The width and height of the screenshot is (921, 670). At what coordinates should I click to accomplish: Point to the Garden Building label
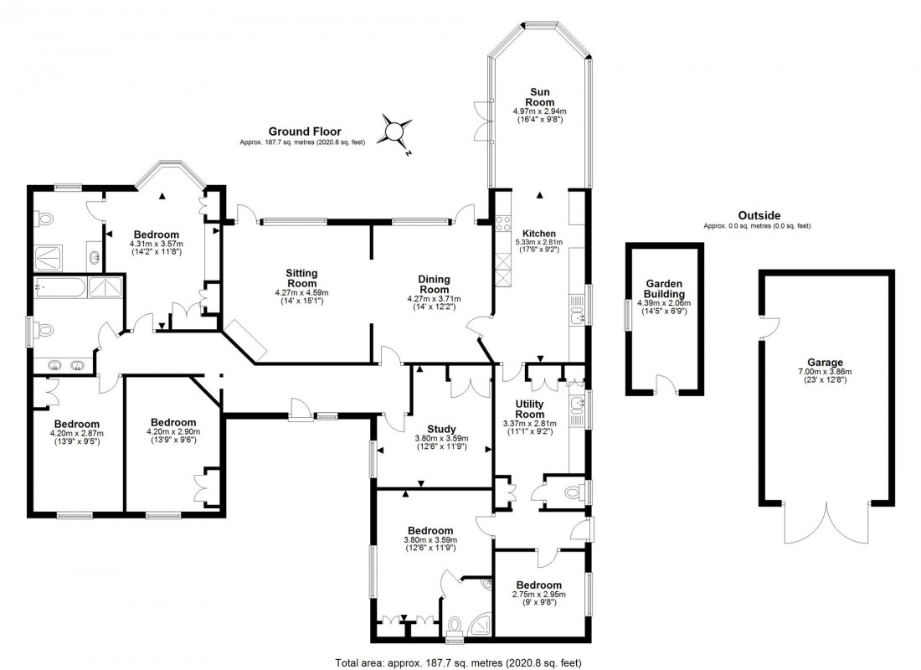pos(665,288)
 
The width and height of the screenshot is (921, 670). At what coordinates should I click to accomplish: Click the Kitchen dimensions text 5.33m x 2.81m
pos(540,243)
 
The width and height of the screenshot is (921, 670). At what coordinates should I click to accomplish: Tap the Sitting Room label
pos(301,278)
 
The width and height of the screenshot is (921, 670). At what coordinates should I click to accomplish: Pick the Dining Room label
pos(435,284)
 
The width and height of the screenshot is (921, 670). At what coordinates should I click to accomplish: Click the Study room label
pos(441,429)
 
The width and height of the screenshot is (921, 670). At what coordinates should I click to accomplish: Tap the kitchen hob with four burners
pos(504,224)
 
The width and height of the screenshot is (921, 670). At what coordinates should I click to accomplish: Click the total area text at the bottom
pos(458,662)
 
